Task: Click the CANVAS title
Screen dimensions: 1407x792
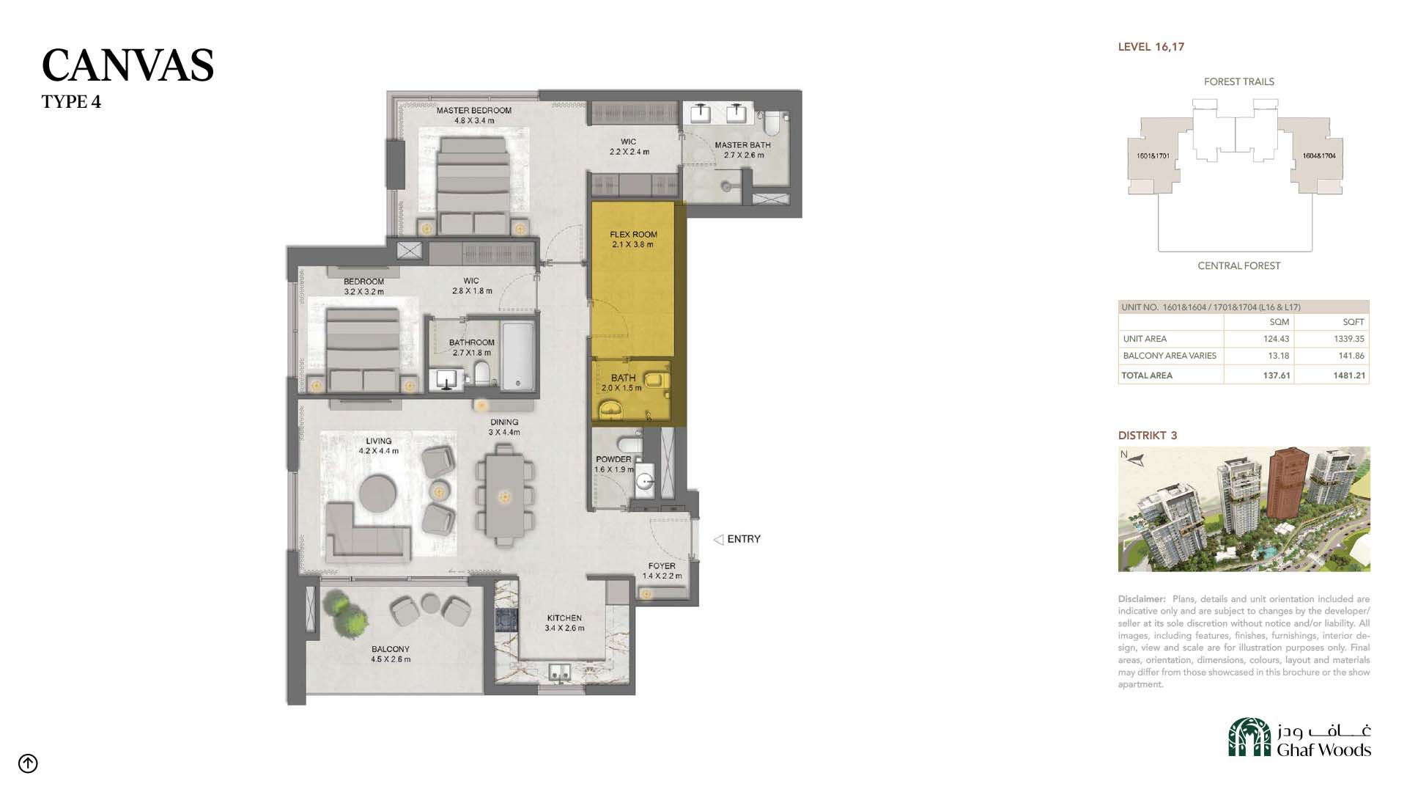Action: (128, 65)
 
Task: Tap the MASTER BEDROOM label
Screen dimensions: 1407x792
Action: (474, 111)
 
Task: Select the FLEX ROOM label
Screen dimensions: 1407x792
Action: (634, 235)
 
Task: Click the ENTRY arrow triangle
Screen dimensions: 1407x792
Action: (719, 540)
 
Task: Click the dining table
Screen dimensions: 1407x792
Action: (504, 497)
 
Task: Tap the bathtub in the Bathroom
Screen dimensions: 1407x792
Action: (517, 356)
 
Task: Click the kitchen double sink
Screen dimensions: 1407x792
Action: (561, 672)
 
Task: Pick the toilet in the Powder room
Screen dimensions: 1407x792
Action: (629, 444)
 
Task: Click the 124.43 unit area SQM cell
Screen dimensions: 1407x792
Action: (1276, 339)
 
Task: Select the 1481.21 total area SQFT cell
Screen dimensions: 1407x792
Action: (1349, 375)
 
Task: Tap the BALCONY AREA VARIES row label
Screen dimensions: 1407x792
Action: (1170, 356)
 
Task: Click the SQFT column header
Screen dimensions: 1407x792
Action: (1354, 322)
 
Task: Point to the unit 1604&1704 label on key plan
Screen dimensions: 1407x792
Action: (1319, 155)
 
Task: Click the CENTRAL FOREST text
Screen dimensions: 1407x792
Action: (1239, 265)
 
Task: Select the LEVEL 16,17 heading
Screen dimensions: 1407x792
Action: (1151, 47)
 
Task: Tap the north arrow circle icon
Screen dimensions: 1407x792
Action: (28, 763)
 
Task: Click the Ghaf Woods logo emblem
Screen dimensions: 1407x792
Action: (1249, 737)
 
